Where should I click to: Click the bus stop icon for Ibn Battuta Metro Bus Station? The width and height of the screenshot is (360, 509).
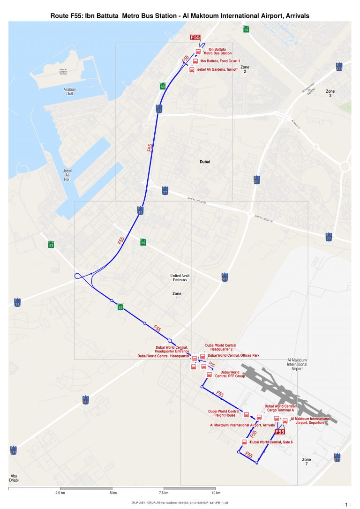(198, 52)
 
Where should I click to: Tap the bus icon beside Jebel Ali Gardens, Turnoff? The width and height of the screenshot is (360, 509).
(192, 70)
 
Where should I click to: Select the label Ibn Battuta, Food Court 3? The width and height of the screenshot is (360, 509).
(220, 61)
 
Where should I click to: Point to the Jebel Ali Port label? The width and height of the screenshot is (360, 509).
(67, 175)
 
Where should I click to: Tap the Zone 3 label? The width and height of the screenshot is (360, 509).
(330, 93)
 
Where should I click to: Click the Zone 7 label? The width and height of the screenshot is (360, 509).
(307, 462)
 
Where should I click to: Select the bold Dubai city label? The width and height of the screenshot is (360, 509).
(205, 162)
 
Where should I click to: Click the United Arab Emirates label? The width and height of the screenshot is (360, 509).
(179, 277)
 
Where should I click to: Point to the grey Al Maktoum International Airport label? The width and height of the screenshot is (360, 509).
(297, 364)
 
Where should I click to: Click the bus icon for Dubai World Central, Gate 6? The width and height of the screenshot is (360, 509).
(244, 442)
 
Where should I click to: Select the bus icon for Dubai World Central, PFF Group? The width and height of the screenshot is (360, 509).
(210, 375)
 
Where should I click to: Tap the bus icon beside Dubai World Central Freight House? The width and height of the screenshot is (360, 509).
(246, 414)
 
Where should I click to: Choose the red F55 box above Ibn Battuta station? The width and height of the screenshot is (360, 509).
(195, 37)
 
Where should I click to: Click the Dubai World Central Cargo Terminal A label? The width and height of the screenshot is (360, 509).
(280, 408)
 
